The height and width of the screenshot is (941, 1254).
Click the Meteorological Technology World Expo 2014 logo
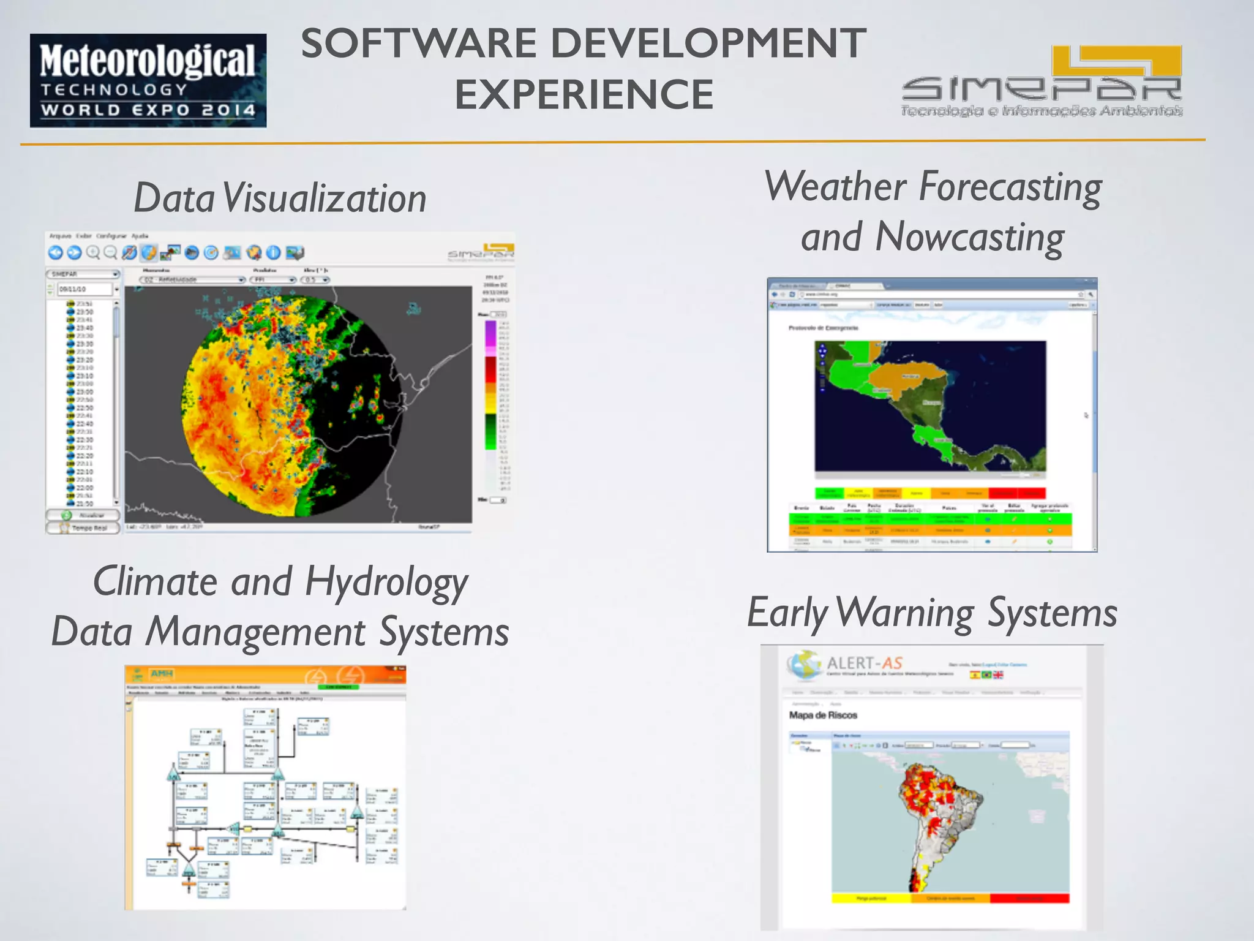point(148,80)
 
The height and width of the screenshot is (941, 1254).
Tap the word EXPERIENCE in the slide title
point(584,95)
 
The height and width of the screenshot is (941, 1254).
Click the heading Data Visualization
point(280,198)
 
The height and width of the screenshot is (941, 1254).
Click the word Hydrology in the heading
point(386,582)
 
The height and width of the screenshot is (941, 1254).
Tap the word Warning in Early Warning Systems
point(904,613)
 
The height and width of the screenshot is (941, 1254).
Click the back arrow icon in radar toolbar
point(56,252)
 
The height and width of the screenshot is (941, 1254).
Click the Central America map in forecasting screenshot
point(929,406)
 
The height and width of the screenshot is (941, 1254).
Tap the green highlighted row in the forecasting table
point(929,519)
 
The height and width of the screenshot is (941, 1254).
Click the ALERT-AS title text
point(864,663)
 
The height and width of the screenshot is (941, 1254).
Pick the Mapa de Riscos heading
point(823,715)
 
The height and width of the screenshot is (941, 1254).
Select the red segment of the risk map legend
point(1029,898)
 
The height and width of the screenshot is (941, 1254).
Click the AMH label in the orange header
point(162,674)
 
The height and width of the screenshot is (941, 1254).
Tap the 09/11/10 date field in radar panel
point(83,289)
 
